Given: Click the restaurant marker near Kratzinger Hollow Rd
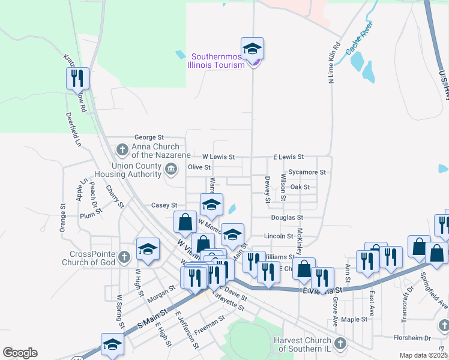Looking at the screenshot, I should click(x=77, y=78).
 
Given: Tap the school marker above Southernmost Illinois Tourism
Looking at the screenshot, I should click(x=253, y=48).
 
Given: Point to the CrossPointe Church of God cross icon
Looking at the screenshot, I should click(x=124, y=257).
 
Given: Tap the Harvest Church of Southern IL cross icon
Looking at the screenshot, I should click(x=340, y=343).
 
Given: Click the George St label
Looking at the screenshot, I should click(x=149, y=137).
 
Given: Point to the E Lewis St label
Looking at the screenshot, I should click(x=288, y=157).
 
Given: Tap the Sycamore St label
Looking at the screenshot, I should click(x=306, y=172).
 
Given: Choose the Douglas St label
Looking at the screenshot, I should click(x=287, y=218).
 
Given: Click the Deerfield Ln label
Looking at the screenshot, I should click(x=73, y=130).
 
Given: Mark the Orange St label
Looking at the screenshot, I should click(x=62, y=218).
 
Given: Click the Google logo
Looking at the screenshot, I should click(x=20, y=353).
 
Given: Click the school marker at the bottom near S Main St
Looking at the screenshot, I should click(x=112, y=344).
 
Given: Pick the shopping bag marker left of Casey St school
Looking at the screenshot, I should click(x=185, y=222).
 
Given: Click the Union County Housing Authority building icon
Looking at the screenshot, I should click(x=171, y=168).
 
